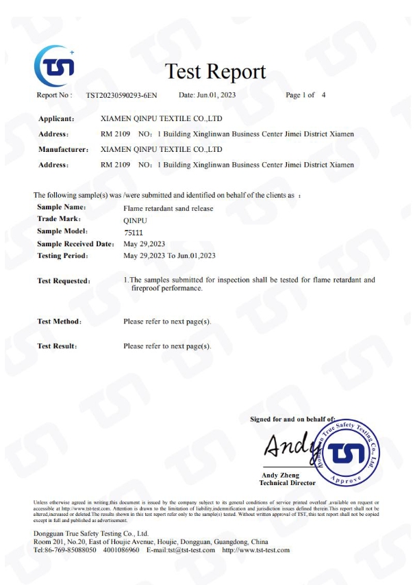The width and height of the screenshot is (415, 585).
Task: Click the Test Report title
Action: click(215, 72)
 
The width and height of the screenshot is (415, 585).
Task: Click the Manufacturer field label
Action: click(64, 149)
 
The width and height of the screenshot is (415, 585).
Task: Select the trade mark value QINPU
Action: click(134, 220)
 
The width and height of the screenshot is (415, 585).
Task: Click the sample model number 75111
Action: click(133, 232)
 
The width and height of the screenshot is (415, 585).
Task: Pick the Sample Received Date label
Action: click(75, 244)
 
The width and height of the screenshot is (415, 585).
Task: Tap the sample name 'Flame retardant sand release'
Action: click(168, 208)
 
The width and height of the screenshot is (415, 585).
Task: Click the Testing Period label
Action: click(62, 256)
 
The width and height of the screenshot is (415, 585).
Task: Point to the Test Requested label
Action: click(64, 281)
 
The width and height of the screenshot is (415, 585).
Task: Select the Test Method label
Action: click(60, 322)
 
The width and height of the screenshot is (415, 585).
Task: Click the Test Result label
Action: click(57, 347)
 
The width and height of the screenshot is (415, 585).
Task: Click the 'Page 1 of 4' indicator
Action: click(305, 96)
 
